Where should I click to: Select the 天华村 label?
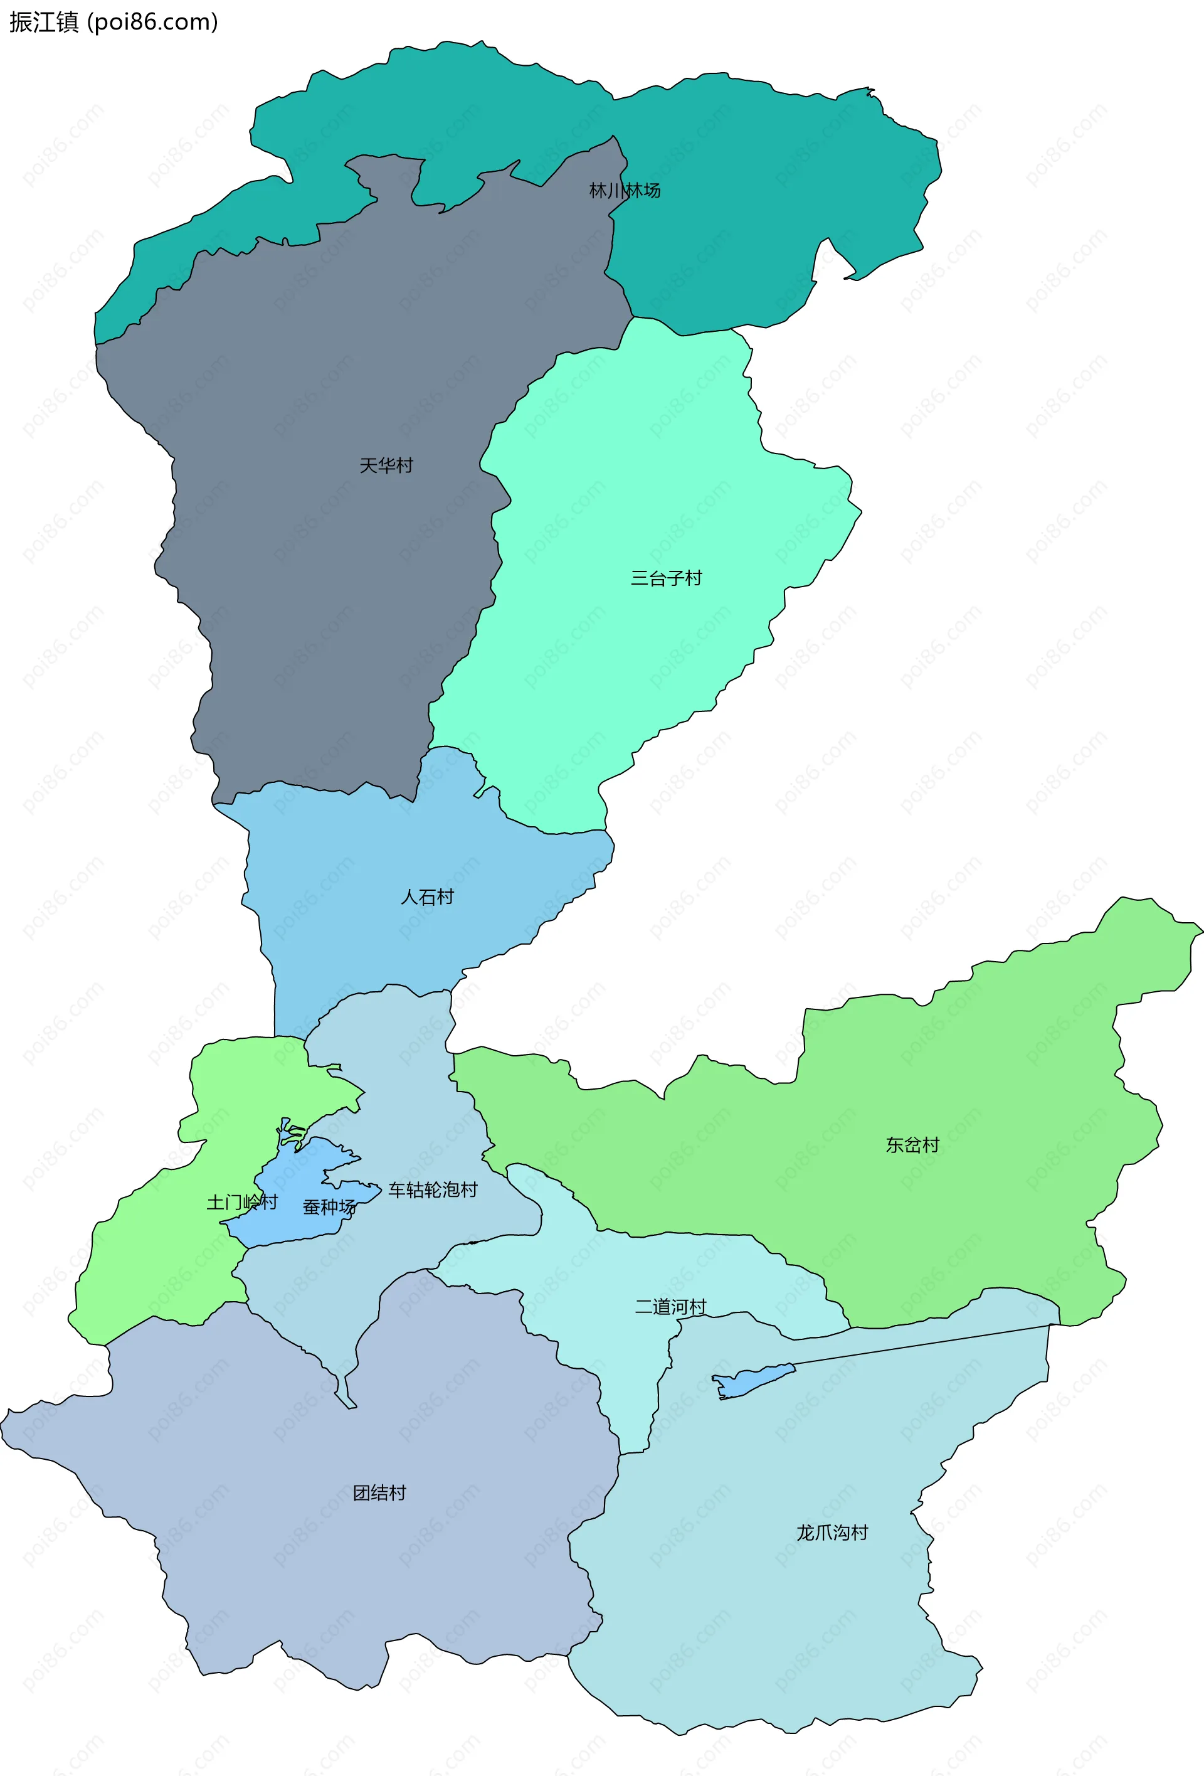click(x=386, y=465)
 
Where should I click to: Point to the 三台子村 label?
click(x=665, y=578)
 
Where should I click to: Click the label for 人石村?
click(x=427, y=896)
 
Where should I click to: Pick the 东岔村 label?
click(x=912, y=1145)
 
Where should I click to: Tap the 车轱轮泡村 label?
click(x=433, y=1190)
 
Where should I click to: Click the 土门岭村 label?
click(x=241, y=1202)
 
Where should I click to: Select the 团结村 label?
click(x=379, y=1492)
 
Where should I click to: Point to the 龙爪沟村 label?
click(x=832, y=1532)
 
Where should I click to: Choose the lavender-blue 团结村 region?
click(x=305, y=1566)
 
